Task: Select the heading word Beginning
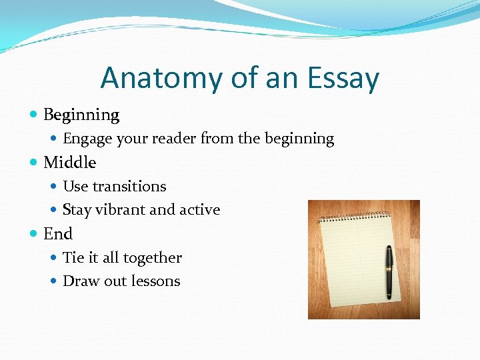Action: click(81, 115)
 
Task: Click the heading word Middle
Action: click(69, 163)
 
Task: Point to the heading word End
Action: click(58, 234)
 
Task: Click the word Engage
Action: click(87, 139)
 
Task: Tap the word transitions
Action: click(129, 186)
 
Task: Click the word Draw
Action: click(80, 281)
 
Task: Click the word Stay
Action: click(77, 210)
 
